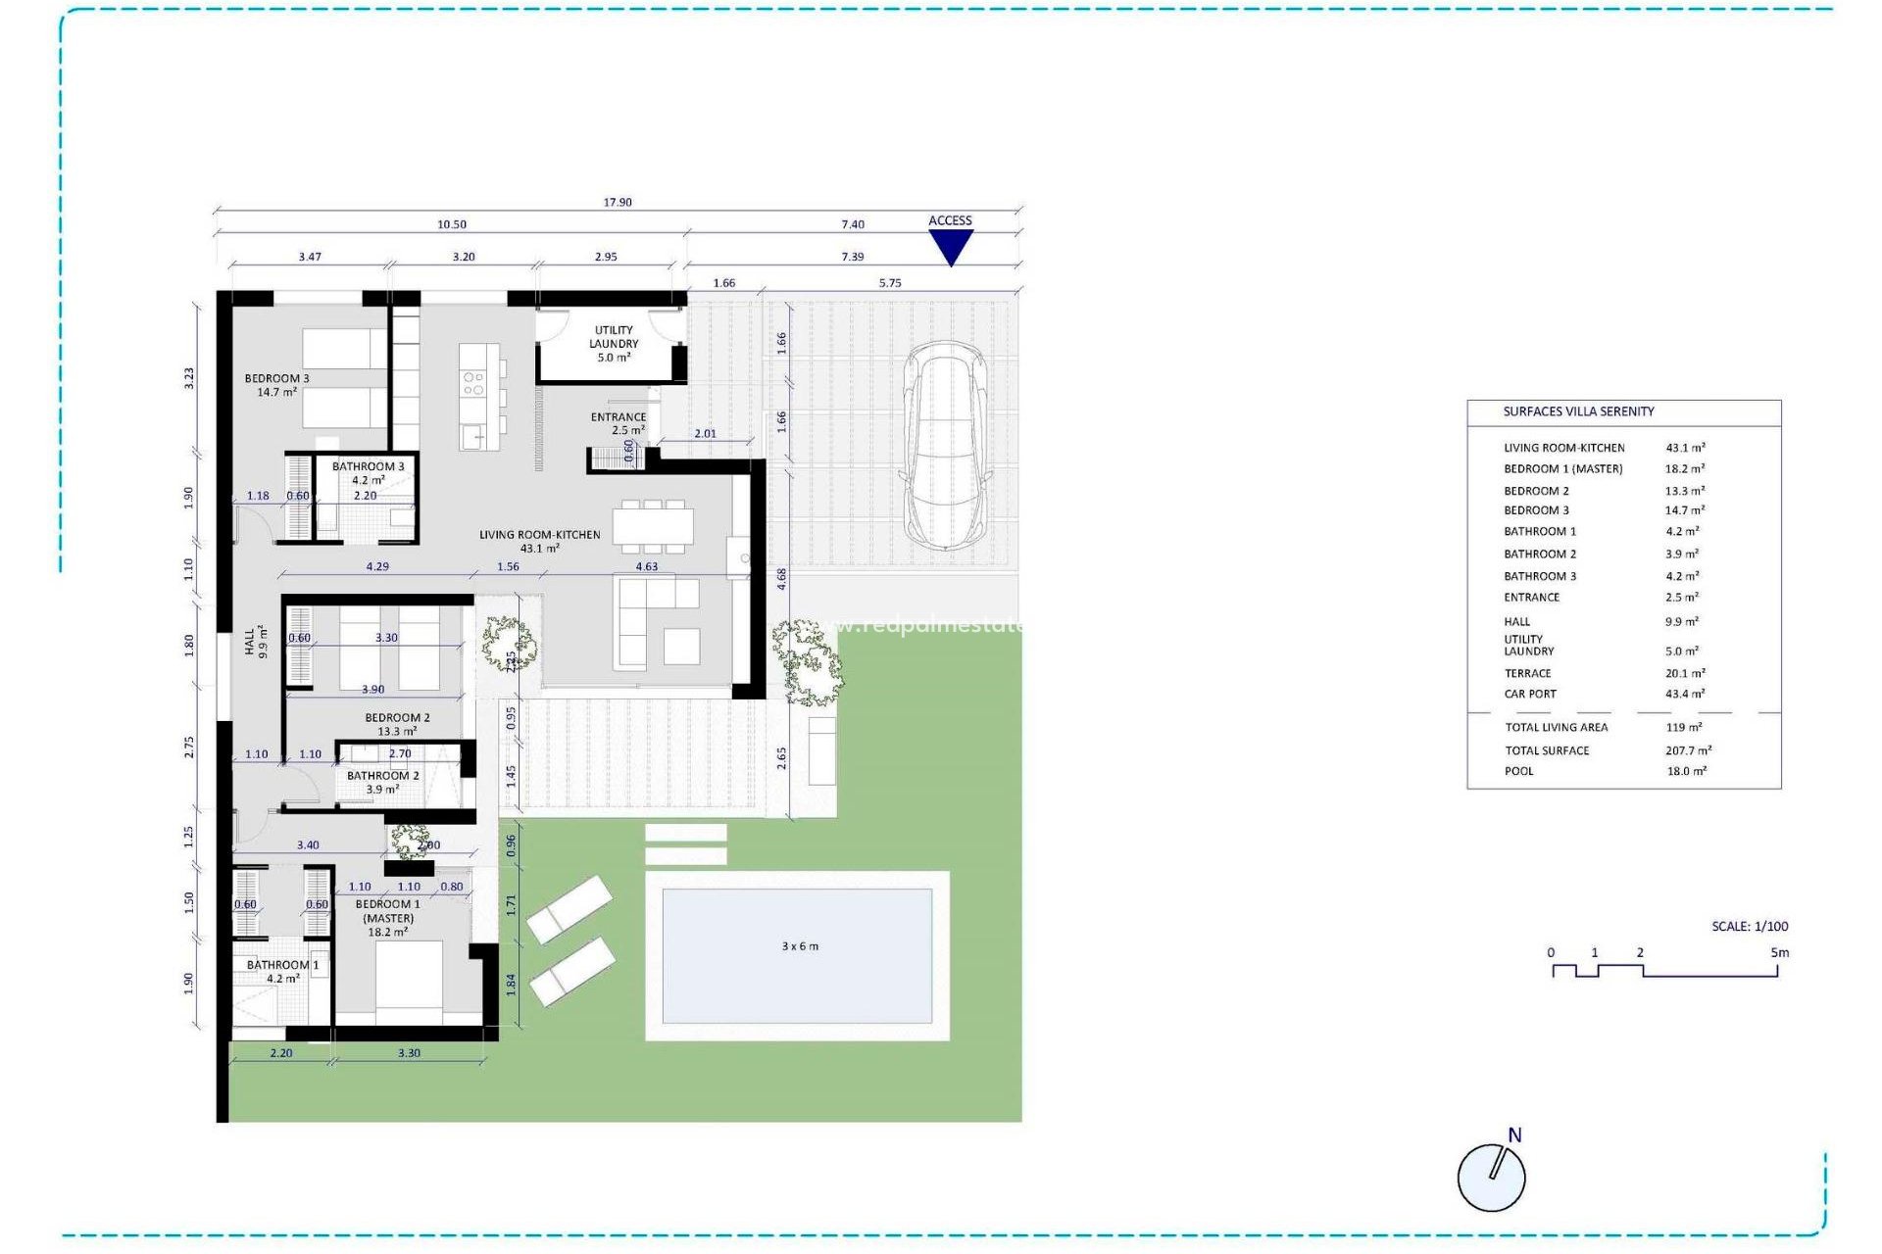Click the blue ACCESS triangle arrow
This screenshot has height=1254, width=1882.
pos(950,247)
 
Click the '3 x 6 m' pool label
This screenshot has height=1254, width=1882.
pos(800,946)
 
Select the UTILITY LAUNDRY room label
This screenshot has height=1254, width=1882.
pos(614,344)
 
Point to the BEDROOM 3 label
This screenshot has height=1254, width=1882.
pos(276,385)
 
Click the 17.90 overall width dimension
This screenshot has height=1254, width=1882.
pos(618,203)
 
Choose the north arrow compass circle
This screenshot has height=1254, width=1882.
pos(1491,1178)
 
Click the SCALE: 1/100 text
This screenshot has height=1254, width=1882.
pos(1750,926)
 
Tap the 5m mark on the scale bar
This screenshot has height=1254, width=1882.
pos(1779,952)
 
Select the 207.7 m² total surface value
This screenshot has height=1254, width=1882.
pos(1688,750)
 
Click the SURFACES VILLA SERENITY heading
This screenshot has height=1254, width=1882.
pos(1578,411)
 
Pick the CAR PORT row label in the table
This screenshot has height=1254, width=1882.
pos(1530,694)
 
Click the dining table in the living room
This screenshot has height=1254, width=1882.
pos(653,527)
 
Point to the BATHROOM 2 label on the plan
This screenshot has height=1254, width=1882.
pos(382,782)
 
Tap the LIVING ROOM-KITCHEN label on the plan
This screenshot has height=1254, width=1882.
pos(539,541)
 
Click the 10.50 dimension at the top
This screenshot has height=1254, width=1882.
pos(452,225)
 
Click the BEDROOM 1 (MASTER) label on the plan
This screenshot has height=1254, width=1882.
pos(388,918)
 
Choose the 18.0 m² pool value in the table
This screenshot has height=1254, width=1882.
pos(1686,771)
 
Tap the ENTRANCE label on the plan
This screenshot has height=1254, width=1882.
pos(618,423)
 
